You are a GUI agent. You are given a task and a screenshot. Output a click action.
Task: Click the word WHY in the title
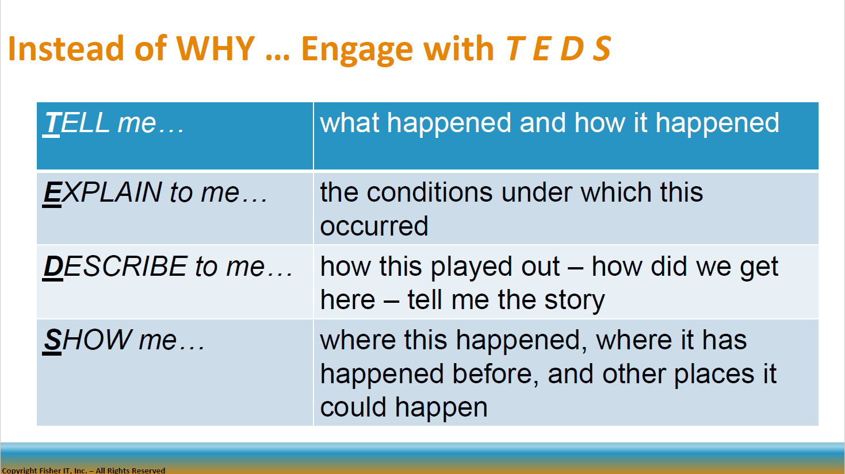coord(215,48)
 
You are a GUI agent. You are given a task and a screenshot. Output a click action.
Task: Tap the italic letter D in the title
coord(572,48)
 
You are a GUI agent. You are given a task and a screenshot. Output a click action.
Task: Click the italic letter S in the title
coord(602,48)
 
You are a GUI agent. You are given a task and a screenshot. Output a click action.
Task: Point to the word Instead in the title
coord(66,48)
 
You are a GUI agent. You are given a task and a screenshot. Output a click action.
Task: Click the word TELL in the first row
coord(77,123)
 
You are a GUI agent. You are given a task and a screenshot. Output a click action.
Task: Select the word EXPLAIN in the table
coord(102,192)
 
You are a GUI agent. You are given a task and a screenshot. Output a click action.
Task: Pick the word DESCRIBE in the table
coord(115,267)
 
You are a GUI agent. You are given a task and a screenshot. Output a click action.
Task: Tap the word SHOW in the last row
coord(87,340)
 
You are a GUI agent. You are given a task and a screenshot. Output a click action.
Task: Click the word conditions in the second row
coord(430,192)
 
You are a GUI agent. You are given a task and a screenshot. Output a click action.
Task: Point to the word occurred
coord(374,226)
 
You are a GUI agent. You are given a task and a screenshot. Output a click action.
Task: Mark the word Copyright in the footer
coord(19,471)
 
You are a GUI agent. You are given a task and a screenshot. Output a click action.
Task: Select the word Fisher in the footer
coord(50,470)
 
